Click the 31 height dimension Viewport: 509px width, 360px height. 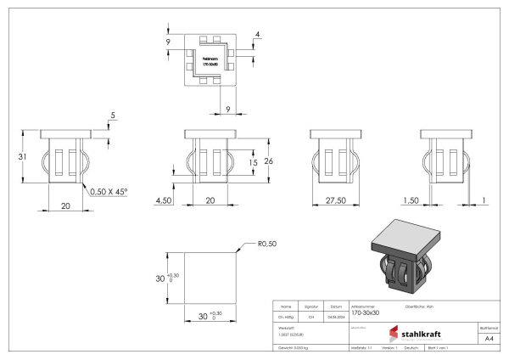(x=24, y=156)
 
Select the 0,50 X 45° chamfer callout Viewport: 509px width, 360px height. (x=109, y=192)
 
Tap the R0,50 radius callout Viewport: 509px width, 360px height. (x=267, y=245)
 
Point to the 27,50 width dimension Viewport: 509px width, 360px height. (x=334, y=201)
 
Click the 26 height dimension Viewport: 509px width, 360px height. (x=268, y=160)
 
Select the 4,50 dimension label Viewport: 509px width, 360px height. (x=163, y=201)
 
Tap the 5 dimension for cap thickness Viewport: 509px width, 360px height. (x=111, y=117)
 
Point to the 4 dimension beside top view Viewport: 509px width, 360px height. (x=257, y=35)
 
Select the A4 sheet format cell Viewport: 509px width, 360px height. (x=488, y=339)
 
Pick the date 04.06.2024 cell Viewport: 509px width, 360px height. (x=336, y=317)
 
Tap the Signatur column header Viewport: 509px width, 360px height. (x=311, y=306)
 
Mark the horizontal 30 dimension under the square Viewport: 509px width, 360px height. (x=204, y=317)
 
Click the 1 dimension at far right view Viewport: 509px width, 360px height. (x=483, y=201)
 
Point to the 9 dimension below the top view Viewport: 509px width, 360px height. (x=227, y=108)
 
